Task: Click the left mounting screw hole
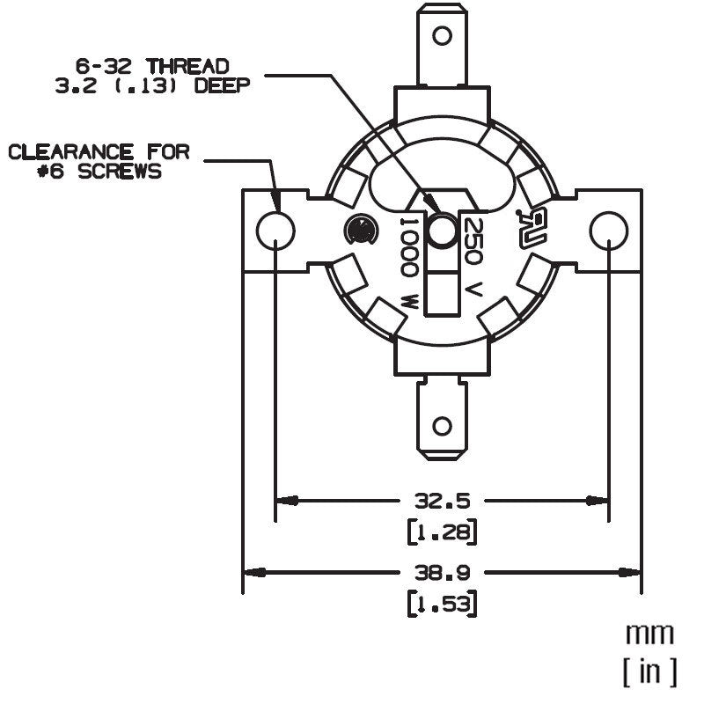275,231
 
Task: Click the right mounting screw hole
608,231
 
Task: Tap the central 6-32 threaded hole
441,231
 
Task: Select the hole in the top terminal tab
442,36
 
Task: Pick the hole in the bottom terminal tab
442,428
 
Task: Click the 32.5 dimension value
442,501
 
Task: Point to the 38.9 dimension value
442,572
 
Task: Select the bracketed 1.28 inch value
442,532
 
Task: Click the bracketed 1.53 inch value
442,605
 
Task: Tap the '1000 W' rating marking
410,261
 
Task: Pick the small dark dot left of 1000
360,231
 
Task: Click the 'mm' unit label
649,633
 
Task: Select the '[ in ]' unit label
649,672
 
